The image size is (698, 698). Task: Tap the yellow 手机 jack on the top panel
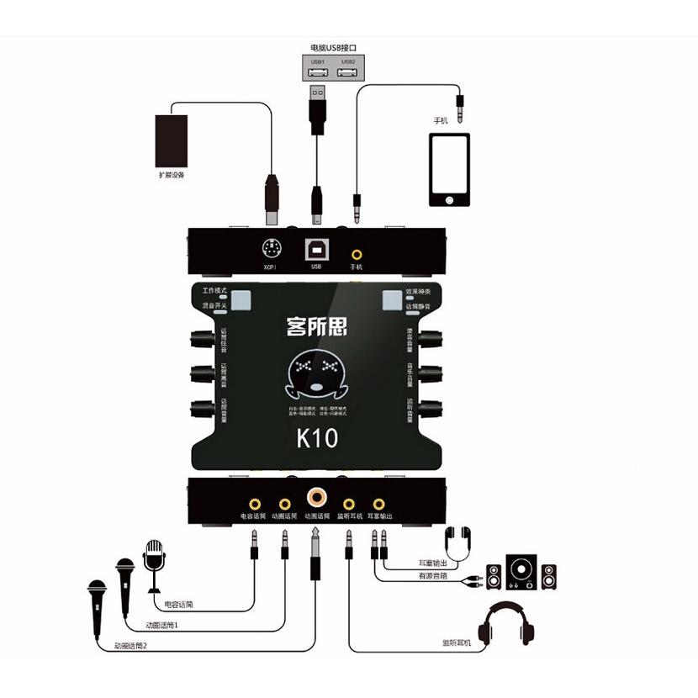357,252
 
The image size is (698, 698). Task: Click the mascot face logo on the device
317,376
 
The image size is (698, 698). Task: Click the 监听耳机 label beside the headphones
457,642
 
